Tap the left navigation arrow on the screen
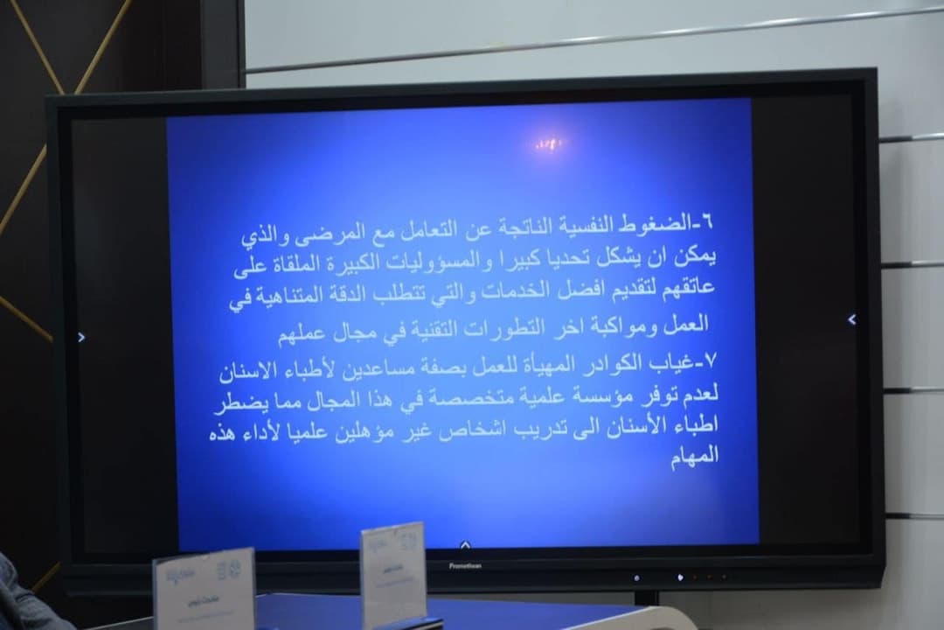[81, 337]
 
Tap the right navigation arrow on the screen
[852, 319]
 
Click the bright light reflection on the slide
[550, 143]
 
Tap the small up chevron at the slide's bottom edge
[465, 544]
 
